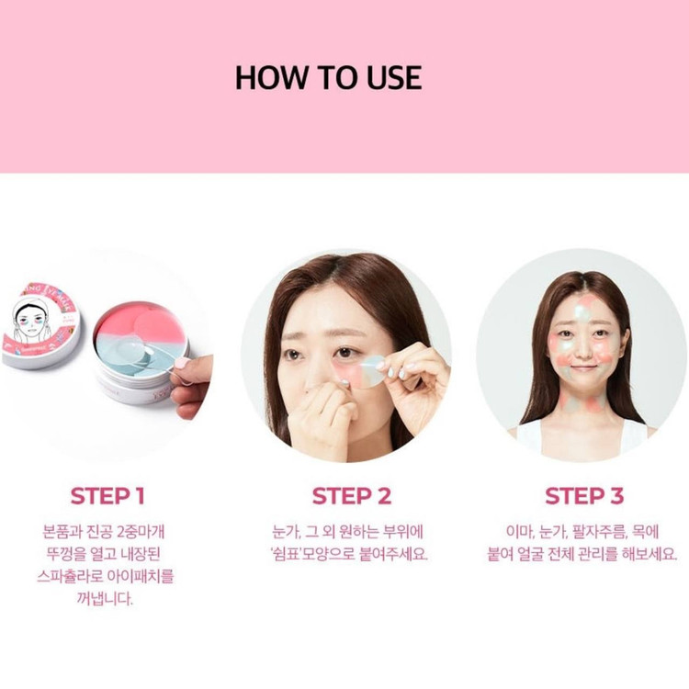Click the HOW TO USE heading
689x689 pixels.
[328, 78]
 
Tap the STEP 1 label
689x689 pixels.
[107, 496]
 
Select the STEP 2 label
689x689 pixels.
[352, 496]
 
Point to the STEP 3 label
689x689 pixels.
[584, 496]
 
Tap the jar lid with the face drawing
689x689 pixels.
[40, 326]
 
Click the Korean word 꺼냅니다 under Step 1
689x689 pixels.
[104, 598]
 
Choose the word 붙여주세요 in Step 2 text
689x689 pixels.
[394, 554]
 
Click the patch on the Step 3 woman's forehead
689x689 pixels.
[584, 308]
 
